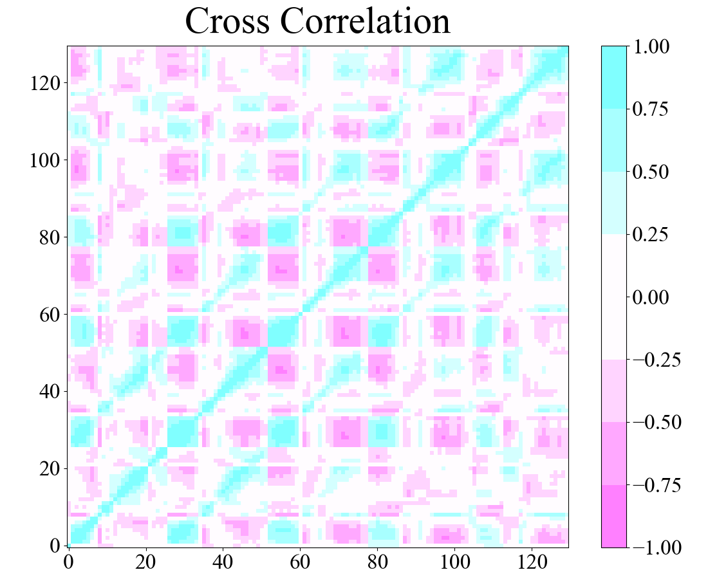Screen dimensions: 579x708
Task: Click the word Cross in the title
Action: (x=227, y=22)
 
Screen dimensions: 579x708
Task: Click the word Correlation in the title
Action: (x=365, y=22)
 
